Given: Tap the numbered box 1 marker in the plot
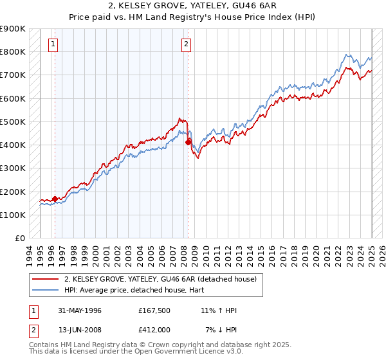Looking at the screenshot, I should (x=53, y=44).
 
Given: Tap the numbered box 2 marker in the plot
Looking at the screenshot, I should (x=186, y=44).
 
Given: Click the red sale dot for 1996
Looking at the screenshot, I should (x=55, y=199).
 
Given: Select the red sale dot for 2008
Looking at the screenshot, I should (x=188, y=142).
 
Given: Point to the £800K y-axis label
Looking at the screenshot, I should (x=14, y=51).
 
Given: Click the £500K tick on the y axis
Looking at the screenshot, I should (x=14, y=122).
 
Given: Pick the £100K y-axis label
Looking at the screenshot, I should (x=14, y=215).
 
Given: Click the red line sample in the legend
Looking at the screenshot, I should (x=46, y=279).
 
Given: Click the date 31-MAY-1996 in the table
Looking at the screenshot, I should (x=80, y=310).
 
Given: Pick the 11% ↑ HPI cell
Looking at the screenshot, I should (x=219, y=310).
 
